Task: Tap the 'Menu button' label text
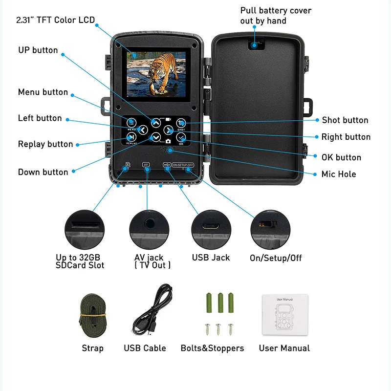pyautogui.click(x=43, y=92)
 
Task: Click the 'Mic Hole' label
pyautogui.click(x=339, y=174)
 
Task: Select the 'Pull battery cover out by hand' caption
pyautogui.click(x=276, y=16)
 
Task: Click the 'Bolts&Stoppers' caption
pyautogui.click(x=212, y=348)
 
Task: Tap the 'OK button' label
pyautogui.click(x=341, y=157)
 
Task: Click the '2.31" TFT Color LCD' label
pyautogui.click(x=56, y=20)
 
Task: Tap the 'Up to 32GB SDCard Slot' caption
pyautogui.click(x=80, y=261)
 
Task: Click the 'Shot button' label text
pyautogui.click(x=345, y=120)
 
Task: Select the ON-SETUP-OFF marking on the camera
pyautogui.click(x=183, y=165)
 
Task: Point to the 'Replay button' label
pyautogui.click(x=45, y=144)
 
